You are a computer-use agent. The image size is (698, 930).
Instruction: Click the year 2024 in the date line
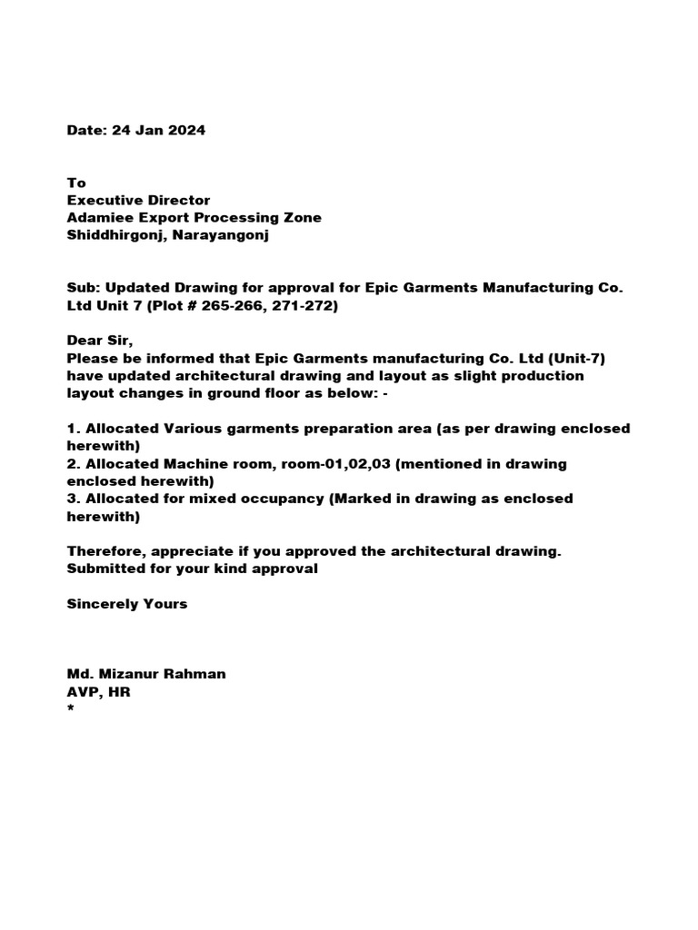coord(185,130)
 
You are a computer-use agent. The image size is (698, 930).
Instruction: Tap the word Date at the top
coord(85,130)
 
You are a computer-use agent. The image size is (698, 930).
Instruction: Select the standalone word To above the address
coord(76,183)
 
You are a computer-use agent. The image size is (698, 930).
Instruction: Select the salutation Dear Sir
coord(99,341)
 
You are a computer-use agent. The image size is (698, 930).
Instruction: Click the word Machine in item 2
coord(195,463)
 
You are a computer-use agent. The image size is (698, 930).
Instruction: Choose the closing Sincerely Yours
coord(127,604)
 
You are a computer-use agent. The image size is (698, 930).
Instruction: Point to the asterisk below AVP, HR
coord(70,710)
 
